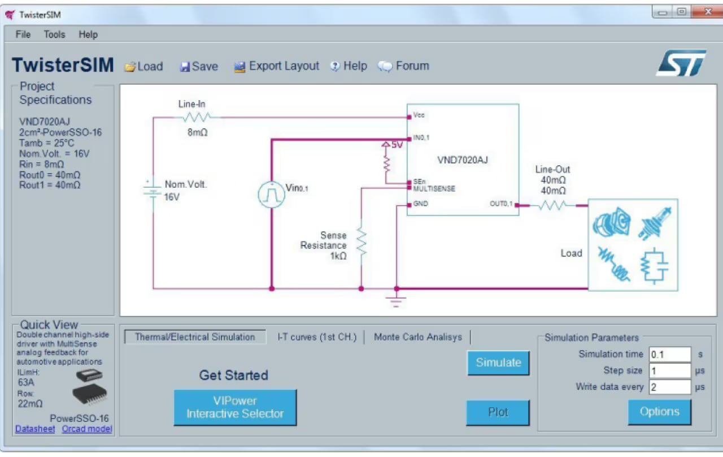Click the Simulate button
(x=498, y=363)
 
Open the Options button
(x=659, y=412)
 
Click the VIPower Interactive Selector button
(x=235, y=407)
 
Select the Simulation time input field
(x=669, y=355)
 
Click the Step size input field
(x=669, y=371)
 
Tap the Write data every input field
(x=669, y=387)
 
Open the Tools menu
(x=54, y=35)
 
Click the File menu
(x=23, y=35)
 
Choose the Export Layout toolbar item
(x=277, y=66)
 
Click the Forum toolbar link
(x=404, y=66)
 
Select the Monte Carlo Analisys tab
(x=417, y=337)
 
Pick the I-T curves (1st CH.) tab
(x=317, y=337)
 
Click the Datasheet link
(x=35, y=429)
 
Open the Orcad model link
(x=87, y=429)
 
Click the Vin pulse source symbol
(x=271, y=195)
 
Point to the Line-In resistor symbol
(x=196, y=117)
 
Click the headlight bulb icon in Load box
(x=655, y=222)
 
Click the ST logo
(x=681, y=63)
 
